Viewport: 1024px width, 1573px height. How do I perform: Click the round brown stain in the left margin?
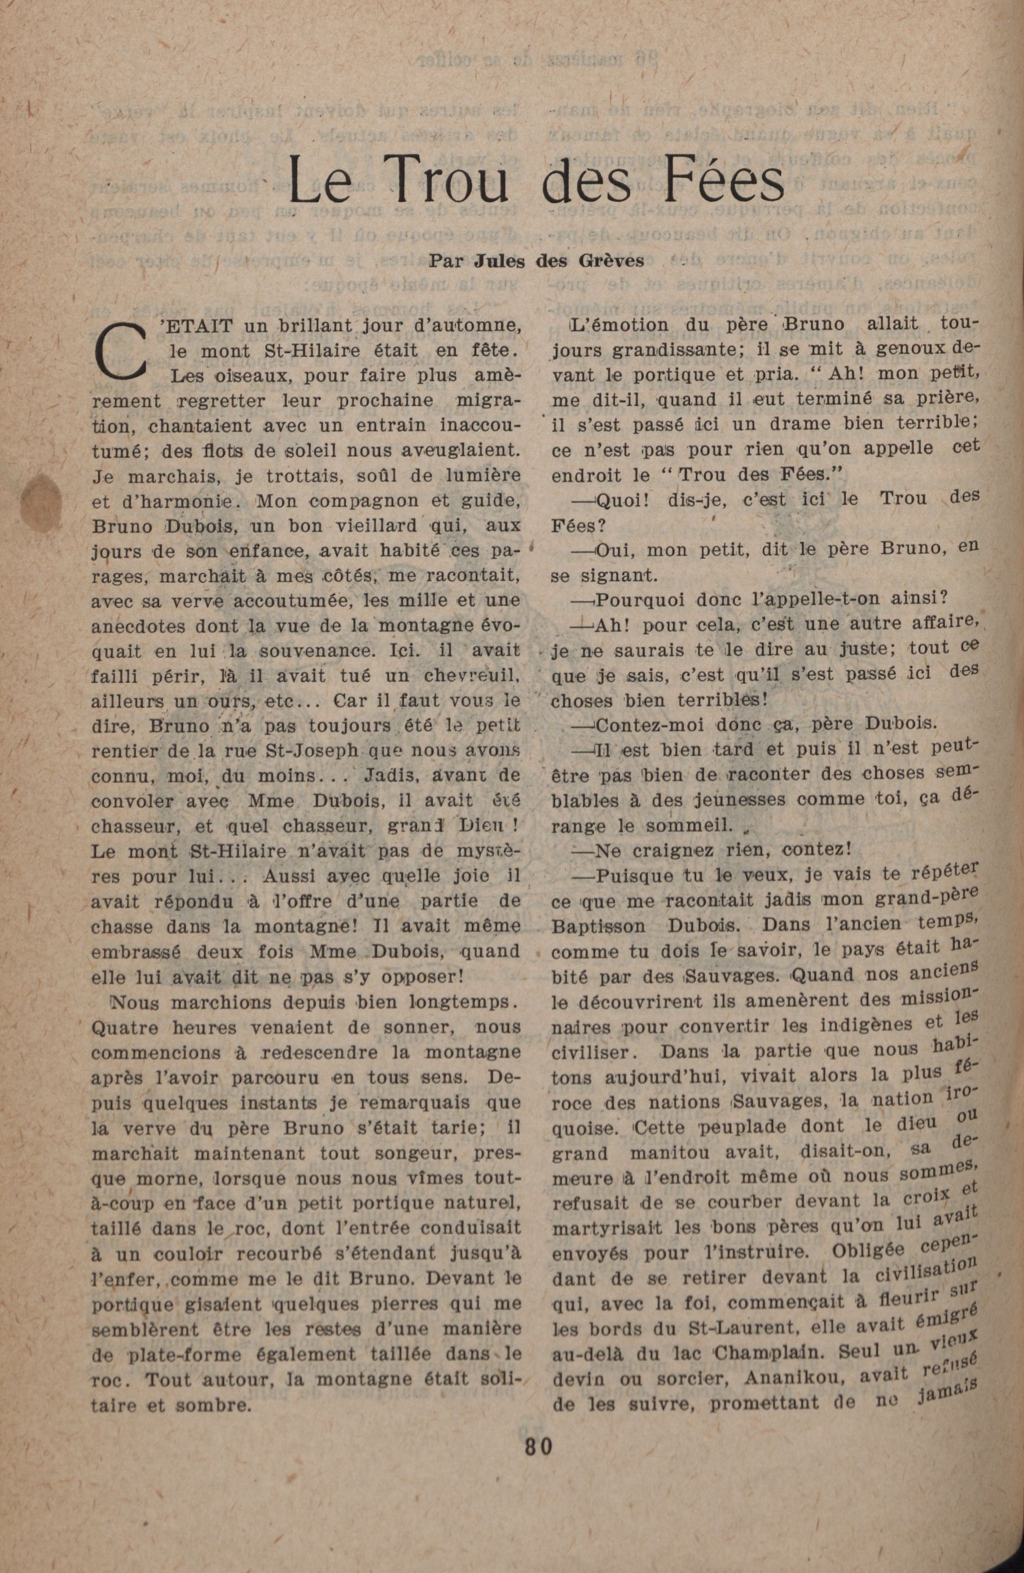42,499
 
